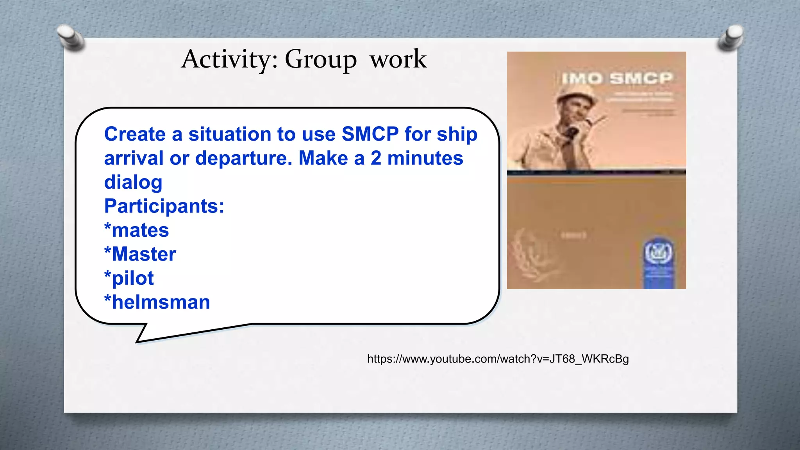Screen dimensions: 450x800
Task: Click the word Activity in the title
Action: (x=229, y=59)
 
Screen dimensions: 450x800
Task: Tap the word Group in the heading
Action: (x=320, y=60)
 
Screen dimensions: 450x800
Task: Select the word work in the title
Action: (x=398, y=59)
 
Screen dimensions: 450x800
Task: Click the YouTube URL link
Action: (x=498, y=359)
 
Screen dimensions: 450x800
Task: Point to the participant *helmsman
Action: (x=157, y=302)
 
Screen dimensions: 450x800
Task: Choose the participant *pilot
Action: (x=129, y=279)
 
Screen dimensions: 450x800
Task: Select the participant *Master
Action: (x=140, y=254)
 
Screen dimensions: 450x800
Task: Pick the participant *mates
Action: (x=136, y=230)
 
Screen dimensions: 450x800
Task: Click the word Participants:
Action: (x=164, y=206)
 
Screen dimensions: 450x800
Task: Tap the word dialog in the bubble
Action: (x=133, y=182)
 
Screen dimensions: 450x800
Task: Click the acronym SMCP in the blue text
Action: (x=370, y=134)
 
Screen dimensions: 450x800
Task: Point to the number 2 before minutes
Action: (x=376, y=159)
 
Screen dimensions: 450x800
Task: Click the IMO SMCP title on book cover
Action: (x=617, y=79)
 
